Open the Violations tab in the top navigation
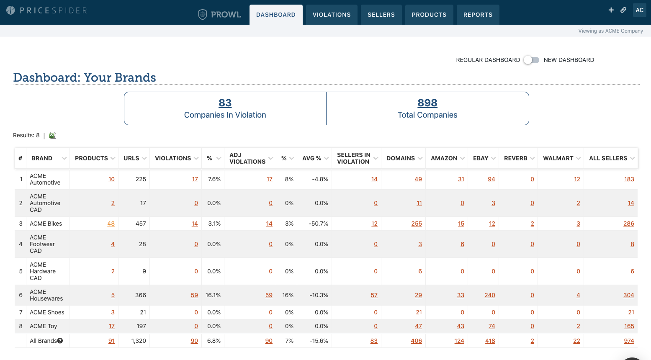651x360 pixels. coord(331,15)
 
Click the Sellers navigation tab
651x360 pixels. coord(381,15)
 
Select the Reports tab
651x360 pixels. coord(478,15)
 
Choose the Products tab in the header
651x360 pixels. coord(429,15)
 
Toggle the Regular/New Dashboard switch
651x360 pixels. coord(531,60)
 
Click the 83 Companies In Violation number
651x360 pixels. coord(225,103)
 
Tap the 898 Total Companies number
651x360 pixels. coord(427,103)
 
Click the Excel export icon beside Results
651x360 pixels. coord(53,135)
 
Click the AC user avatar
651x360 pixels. coord(639,10)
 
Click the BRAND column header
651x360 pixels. coord(42,158)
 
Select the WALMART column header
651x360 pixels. coord(558,158)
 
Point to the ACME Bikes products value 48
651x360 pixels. coord(111,224)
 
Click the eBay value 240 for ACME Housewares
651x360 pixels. coord(489,295)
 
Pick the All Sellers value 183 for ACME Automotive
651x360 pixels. coord(629,179)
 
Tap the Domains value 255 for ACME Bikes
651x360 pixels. coord(417,224)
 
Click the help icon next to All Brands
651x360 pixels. coord(60,341)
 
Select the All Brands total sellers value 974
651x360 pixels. coord(629,341)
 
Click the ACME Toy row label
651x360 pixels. coord(43,326)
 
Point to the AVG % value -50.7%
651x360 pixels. coord(319,224)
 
